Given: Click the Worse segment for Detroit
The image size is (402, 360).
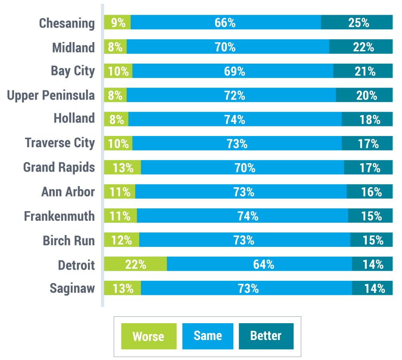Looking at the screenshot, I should [x=135, y=264].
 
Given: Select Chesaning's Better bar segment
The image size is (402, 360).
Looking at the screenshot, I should [x=357, y=22].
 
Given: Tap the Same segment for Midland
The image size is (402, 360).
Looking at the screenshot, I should [x=228, y=47].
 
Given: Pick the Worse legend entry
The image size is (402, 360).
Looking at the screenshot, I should [x=148, y=336].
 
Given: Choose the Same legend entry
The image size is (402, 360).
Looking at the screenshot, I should [x=208, y=336].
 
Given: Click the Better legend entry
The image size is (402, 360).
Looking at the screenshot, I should [x=266, y=336].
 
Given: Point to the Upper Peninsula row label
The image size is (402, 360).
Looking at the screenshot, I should [x=51, y=95].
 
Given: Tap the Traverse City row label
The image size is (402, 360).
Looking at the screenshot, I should [x=60, y=143].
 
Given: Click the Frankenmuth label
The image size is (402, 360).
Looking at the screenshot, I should [x=59, y=216].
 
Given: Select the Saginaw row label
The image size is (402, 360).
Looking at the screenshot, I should [x=72, y=288].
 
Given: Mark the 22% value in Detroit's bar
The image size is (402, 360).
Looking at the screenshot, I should [x=135, y=264].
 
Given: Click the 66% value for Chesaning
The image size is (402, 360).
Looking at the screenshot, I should [x=225, y=23].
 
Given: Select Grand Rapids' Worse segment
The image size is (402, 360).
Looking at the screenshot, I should [x=122, y=168].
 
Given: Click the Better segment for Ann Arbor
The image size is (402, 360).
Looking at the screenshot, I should [x=370, y=192].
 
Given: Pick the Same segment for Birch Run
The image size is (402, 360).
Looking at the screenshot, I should [x=244, y=240].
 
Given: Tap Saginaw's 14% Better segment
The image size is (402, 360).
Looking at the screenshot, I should [x=372, y=288].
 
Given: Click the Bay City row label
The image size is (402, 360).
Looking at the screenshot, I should [x=73, y=71].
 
